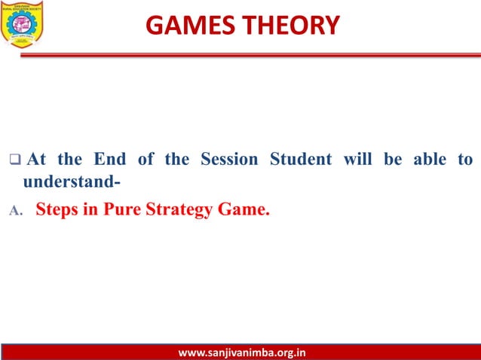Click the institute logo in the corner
(23, 24)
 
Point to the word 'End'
(110, 160)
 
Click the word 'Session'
(228, 160)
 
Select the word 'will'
(358, 160)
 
